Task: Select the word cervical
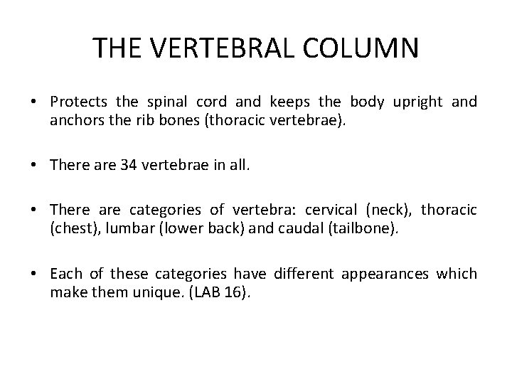[331, 210]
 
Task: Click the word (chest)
[72, 228]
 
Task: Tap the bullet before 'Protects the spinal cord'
[35, 102]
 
